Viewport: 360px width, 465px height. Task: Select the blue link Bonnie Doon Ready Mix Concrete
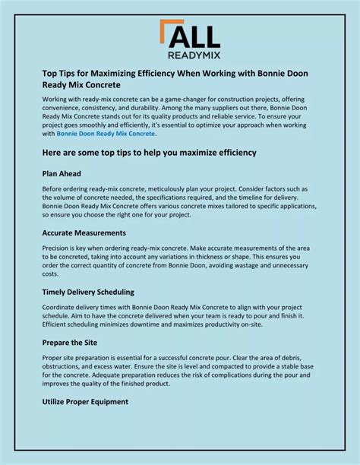106,134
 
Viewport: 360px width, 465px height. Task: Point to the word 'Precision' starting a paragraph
58,248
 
